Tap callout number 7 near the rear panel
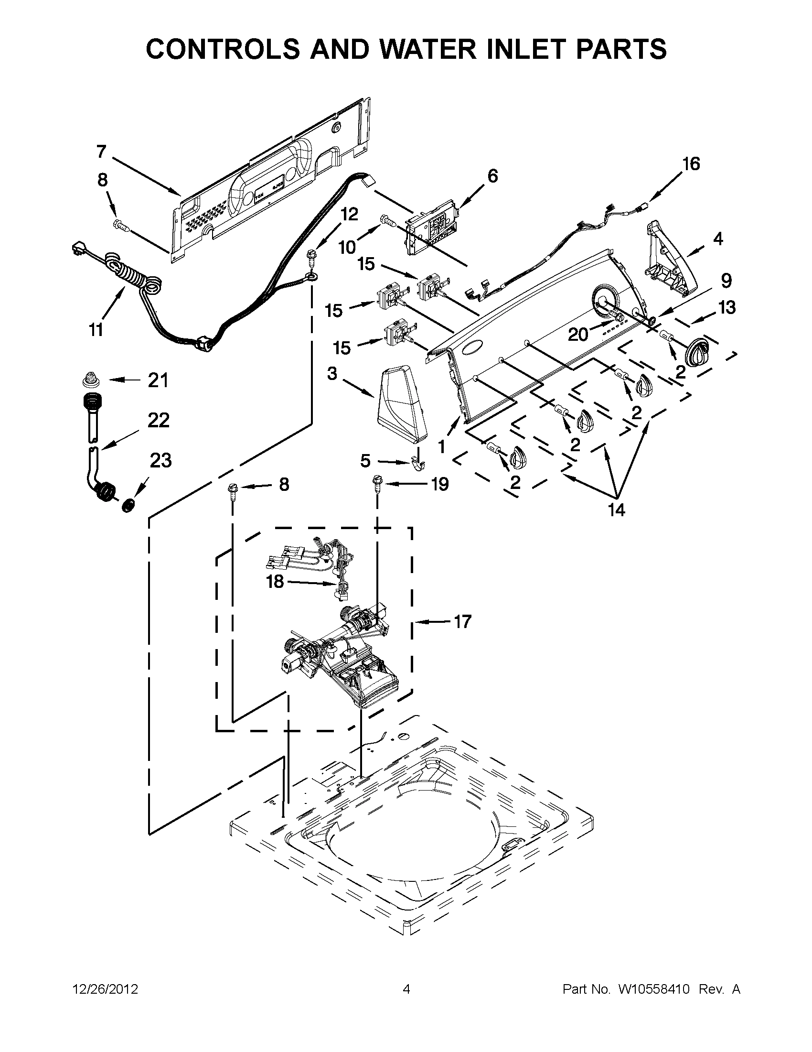pos(101,152)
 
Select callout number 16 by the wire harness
pos(691,164)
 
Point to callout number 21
pos(158,380)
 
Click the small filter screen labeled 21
pos(89,380)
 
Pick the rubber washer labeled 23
pos(128,506)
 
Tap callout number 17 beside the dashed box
pos(462,622)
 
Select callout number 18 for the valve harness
pos(275,582)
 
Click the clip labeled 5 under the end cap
pos(418,464)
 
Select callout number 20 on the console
pos(578,334)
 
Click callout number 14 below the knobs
pos(617,510)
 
